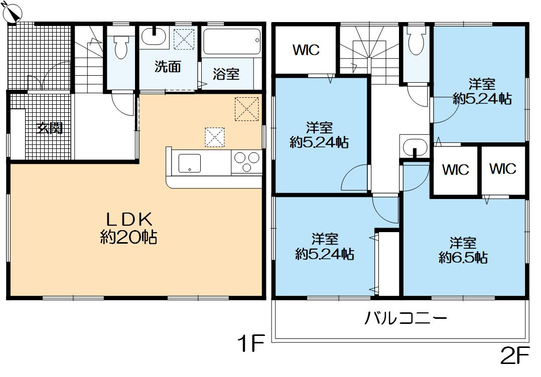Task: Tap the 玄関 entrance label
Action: point(50,128)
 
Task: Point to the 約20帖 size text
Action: point(128,237)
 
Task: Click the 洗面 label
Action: point(167,67)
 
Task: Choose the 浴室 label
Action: point(226,75)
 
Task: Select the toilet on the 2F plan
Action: point(416,41)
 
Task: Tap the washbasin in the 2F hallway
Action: point(414,147)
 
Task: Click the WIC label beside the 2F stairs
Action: point(306,51)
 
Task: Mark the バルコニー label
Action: point(405,318)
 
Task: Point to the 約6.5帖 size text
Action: point(463,258)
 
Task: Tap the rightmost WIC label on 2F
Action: point(502,169)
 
